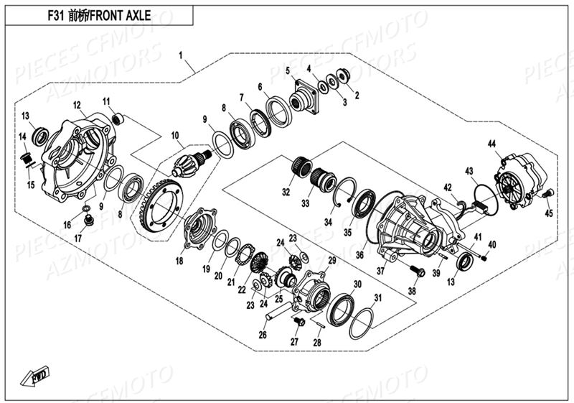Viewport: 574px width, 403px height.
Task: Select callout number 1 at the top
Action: click(181, 55)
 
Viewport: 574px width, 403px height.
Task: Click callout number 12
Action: click(76, 105)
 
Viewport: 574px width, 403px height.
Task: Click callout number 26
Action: click(263, 334)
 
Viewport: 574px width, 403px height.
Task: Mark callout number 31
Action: click(378, 297)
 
